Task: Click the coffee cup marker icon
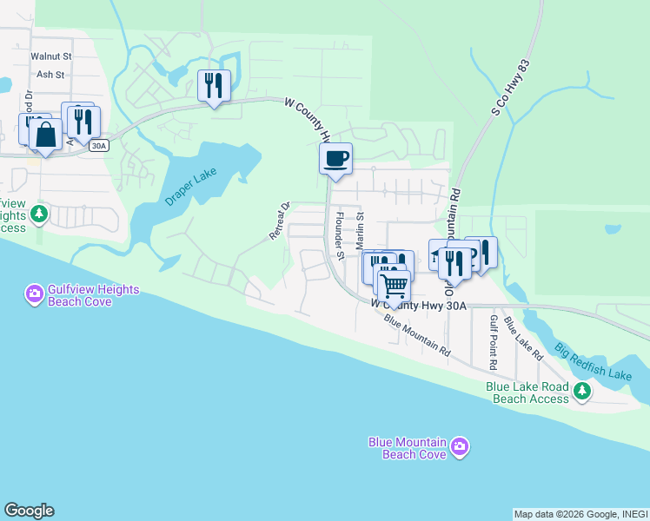coord(335,159)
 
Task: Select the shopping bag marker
coord(45,135)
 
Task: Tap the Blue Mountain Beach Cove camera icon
coord(460,447)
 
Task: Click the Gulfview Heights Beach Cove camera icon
coord(35,294)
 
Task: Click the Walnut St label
coord(50,56)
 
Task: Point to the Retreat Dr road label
coord(278,221)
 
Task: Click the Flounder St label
coord(341,234)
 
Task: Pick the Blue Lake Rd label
coord(523,341)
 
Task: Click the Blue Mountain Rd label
coord(417,338)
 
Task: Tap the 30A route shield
coord(99,146)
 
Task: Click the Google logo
coord(29,511)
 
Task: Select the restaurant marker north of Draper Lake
coord(214,86)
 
